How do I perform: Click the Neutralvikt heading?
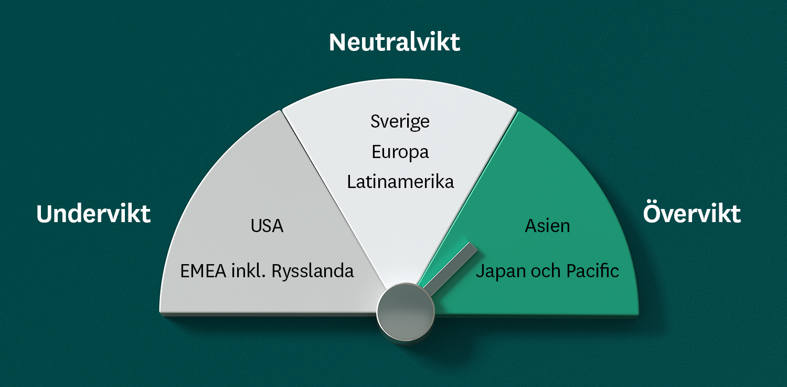click(394, 42)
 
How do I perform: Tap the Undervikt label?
click(93, 213)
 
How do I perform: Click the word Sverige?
click(400, 122)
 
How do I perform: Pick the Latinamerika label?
click(400, 182)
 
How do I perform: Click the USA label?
click(267, 226)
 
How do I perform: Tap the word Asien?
click(547, 226)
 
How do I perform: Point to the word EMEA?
click(203, 271)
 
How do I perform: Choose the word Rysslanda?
click(313, 271)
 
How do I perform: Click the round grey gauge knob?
click(406, 312)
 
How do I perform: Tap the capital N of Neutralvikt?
click(338, 43)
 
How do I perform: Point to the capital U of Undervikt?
click(45, 214)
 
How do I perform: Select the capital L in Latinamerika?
click(352, 182)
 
